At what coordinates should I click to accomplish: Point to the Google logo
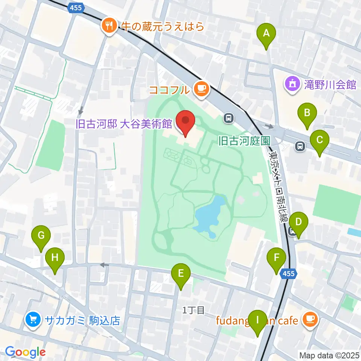click(x=25, y=352)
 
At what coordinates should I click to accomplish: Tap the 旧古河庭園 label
click(x=244, y=141)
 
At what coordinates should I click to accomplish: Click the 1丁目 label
click(x=193, y=310)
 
